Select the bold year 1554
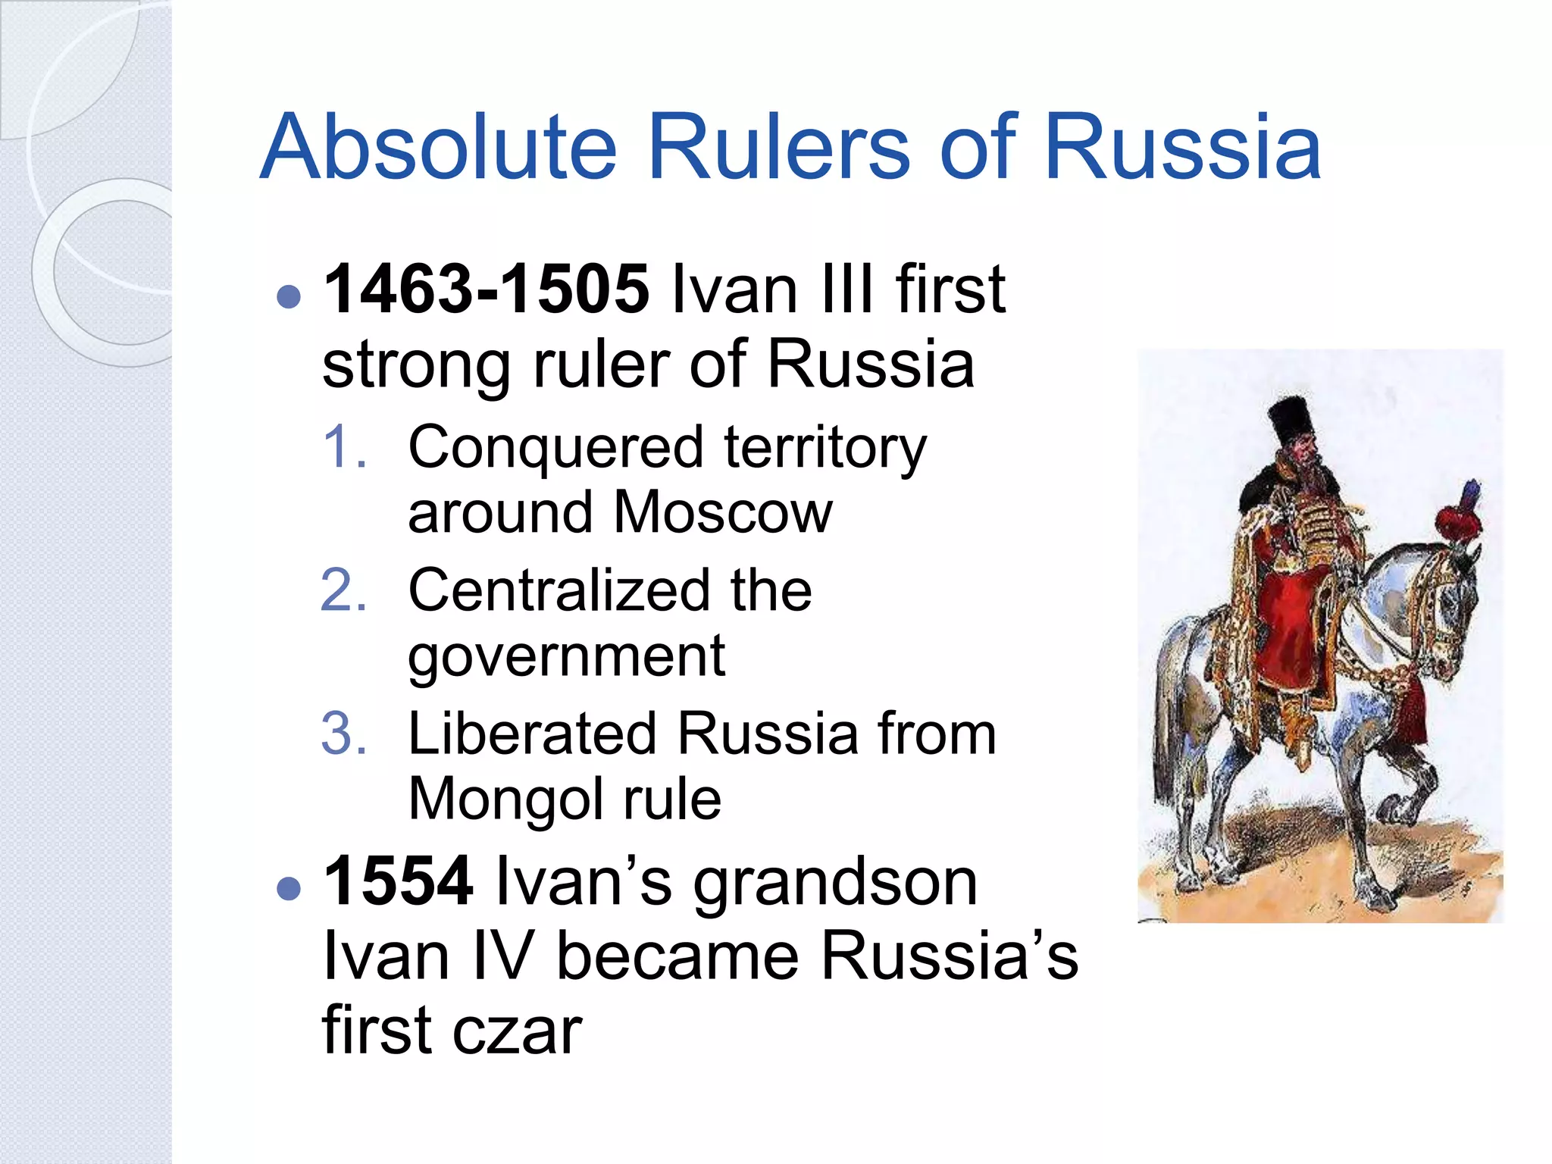399,881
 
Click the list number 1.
344,447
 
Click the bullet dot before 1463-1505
289,296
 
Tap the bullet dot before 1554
289,887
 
